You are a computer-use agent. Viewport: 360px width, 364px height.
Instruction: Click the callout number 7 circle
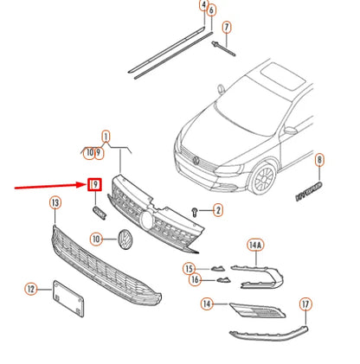tap(227, 28)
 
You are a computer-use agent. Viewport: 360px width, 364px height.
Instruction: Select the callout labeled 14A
tap(255, 245)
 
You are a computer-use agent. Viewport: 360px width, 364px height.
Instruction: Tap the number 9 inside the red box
tap(95, 184)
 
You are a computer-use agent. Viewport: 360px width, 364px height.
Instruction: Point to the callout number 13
tap(55, 203)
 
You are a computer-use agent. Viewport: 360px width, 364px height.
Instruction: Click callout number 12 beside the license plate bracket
tap(31, 289)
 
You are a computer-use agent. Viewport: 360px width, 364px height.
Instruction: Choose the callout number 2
tap(218, 210)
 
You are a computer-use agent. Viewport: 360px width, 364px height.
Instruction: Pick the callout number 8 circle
tap(319, 160)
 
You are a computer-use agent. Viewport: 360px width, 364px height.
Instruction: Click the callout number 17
tap(305, 304)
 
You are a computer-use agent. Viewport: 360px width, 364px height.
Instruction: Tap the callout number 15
tap(189, 269)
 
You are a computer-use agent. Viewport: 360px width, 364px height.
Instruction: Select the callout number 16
tap(195, 279)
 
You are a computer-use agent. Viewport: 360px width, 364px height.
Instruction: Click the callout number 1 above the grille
tap(106, 137)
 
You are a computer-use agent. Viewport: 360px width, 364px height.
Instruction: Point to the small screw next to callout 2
tap(195, 212)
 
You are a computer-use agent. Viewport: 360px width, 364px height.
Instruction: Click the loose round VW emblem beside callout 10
tap(125, 239)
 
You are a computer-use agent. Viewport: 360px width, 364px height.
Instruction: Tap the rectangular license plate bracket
tap(68, 298)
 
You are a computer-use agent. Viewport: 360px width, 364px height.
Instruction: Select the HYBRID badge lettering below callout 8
tap(309, 191)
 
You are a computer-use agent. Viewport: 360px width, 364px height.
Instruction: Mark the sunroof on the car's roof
tap(282, 76)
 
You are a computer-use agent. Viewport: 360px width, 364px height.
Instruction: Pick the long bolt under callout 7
tap(223, 48)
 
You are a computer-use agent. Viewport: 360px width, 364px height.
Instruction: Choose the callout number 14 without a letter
tap(207, 303)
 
